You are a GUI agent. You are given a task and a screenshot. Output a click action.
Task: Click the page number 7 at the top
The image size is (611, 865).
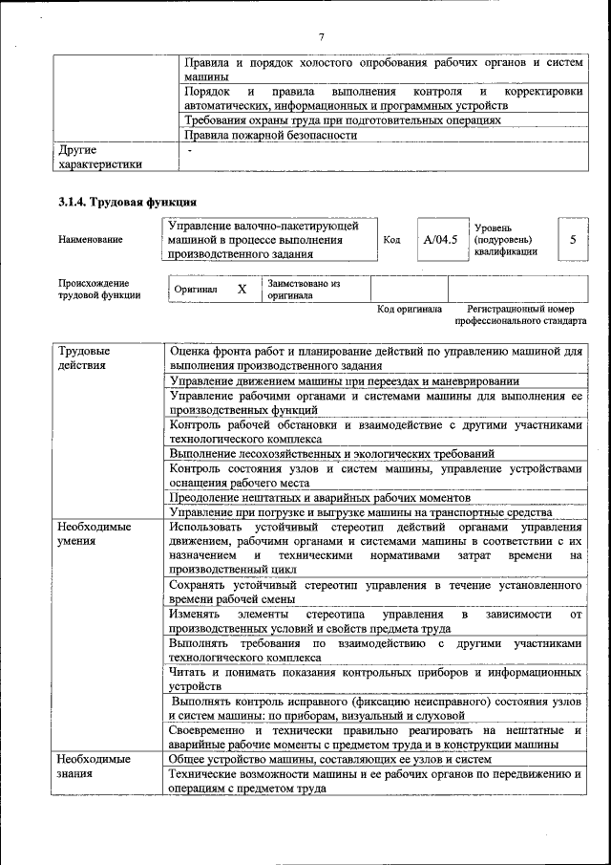pyautogui.click(x=322, y=36)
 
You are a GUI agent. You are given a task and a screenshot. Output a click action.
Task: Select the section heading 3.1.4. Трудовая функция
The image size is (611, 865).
pyautogui.click(x=127, y=202)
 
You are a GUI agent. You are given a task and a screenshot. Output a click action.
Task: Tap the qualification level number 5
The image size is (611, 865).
pyautogui.click(x=572, y=240)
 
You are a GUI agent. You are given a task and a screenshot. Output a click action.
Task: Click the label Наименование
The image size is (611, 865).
pyautogui.click(x=91, y=240)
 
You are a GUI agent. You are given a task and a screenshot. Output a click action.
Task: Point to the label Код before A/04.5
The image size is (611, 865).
pyautogui.click(x=391, y=240)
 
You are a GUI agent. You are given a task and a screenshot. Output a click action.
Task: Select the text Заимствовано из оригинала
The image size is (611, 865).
pyautogui.click(x=304, y=290)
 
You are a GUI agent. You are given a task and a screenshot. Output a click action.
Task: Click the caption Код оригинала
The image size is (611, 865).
pyautogui.click(x=410, y=310)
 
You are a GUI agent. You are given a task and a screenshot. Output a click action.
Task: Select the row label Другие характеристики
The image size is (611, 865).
pyautogui.click(x=100, y=157)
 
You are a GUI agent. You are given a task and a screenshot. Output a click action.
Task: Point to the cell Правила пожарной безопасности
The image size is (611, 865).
pyautogui.click(x=270, y=136)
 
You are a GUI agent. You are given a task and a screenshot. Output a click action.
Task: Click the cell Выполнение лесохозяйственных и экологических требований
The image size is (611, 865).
pyautogui.click(x=331, y=453)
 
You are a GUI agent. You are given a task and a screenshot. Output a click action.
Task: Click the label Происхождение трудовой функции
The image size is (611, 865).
pyautogui.click(x=99, y=290)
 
